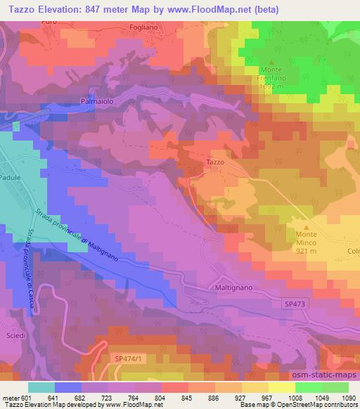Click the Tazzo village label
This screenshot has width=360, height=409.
pos(215,162)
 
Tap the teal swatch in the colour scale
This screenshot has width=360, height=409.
pos(41,387)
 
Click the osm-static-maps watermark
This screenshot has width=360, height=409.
pos(324,375)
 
